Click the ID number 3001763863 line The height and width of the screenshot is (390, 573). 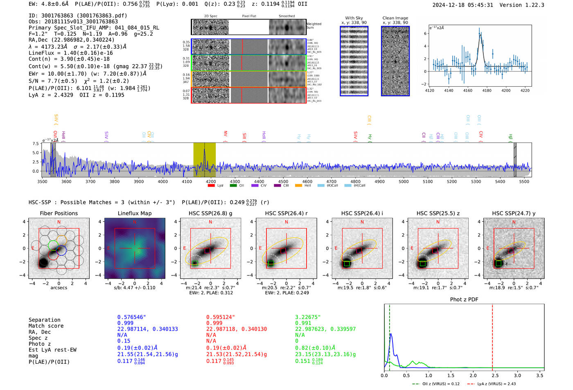[x=78, y=16]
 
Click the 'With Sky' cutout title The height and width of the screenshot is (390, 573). [x=354, y=18]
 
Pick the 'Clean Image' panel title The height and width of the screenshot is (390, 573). [x=395, y=18]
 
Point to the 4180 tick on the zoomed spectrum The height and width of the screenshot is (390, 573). [x=487, y=90]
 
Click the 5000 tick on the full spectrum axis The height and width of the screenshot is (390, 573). [x=404, y=181]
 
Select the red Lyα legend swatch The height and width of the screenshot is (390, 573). [x=211, y=185]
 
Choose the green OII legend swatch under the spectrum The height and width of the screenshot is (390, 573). [x=233, y=185]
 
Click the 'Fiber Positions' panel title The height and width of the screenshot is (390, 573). [x=59, y=213]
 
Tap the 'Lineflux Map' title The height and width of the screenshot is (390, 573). [x=134, y=213]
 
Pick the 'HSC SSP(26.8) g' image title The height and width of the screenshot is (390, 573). [x=210, y=213]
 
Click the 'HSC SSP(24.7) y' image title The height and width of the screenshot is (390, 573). [x=514, y=213]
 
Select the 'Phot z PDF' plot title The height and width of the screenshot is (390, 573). [x=464, y=300]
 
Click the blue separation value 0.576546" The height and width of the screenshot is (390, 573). [x=131, y=317]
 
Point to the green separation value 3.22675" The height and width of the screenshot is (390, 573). [x=308, y=317]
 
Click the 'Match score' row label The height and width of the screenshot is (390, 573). [x=46, y=326]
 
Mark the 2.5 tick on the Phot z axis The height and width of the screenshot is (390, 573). [x=495, y=375]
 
